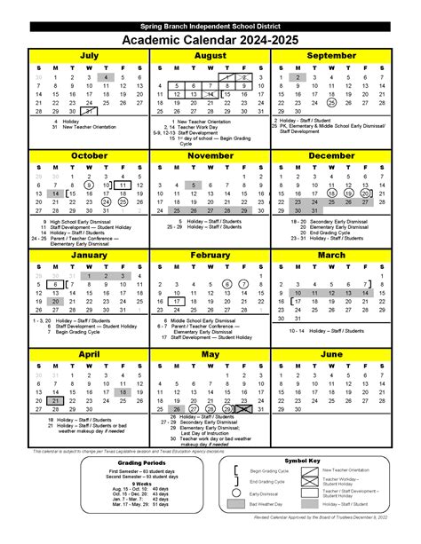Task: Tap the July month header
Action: (89, 55)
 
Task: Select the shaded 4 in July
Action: (105, 78)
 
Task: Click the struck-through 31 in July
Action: (89, 111)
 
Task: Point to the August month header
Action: (210, 55)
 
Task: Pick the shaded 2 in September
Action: (298, 78)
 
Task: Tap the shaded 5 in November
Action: (192, 185)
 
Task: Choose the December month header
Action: (330, 154)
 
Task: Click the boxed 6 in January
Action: (55, 285)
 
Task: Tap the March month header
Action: (330, 255)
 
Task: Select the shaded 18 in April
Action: (122, 391)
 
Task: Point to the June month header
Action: (330, 354)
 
